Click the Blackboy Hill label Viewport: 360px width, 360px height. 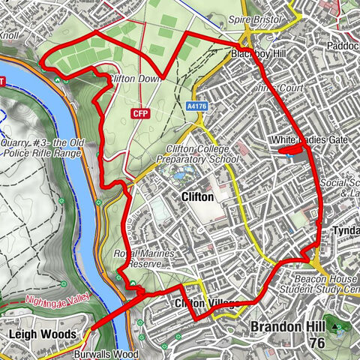pyautogui.click(x=254, y=54)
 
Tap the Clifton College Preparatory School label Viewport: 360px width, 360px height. pyautogui.click(x=197, y=154)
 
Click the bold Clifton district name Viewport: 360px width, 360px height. pyautogui.click(x=198, y=196)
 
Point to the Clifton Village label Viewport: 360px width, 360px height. pyautogui.click(x=207, y=304)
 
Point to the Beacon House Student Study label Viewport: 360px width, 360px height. pyautogui.click(x=319, y=283)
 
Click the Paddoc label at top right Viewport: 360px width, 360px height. pyautogui.click(x=341, y=44)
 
